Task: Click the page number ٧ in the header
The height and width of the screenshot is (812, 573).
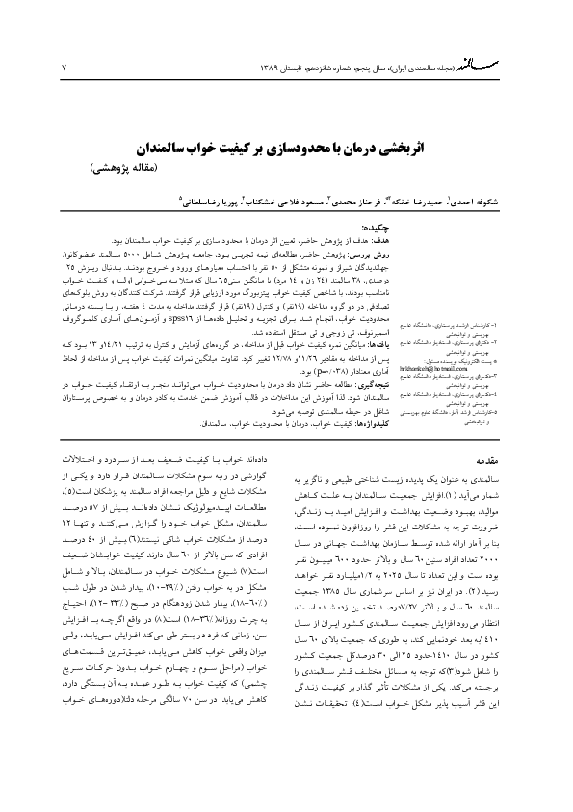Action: [64, 67]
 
